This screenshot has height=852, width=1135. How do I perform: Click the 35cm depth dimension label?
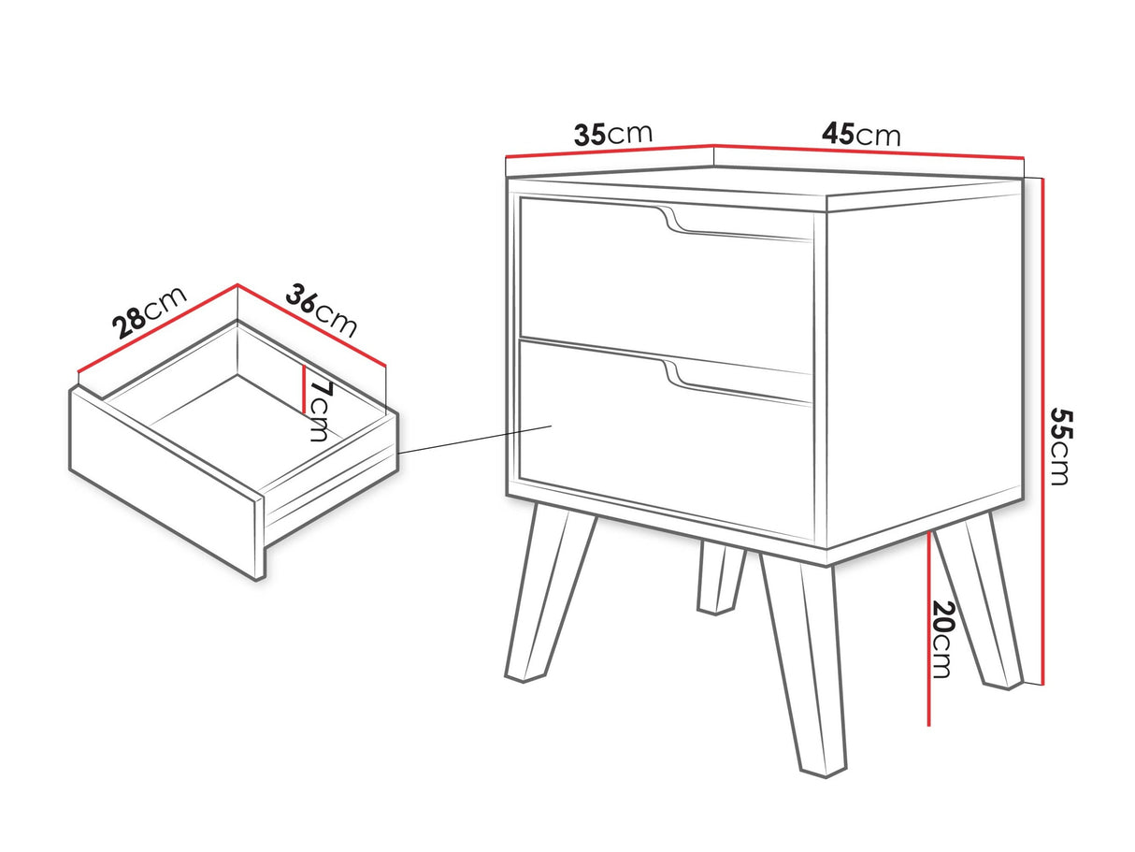612,134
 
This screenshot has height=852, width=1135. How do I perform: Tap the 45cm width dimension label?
861,135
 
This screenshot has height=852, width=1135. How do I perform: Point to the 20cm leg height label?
941,639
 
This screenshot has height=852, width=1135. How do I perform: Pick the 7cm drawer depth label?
320,412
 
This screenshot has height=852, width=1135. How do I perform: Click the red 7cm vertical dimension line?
305,389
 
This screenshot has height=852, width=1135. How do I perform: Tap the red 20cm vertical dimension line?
929,628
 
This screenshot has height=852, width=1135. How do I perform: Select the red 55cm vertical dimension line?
1043,431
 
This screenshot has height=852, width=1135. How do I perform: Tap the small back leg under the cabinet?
721,578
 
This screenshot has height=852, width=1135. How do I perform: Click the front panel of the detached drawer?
166,484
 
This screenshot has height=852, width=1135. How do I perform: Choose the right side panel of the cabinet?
924,362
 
